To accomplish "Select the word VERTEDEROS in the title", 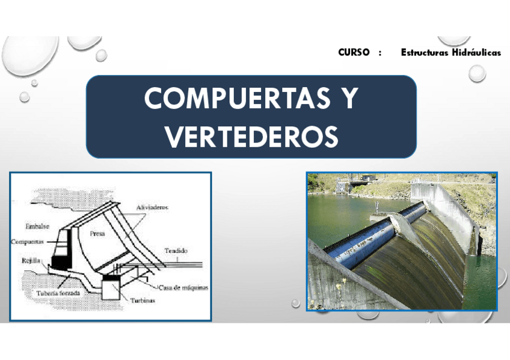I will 251,136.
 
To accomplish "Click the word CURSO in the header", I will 354,52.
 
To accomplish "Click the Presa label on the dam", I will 97,235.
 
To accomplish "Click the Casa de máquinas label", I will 184,287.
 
